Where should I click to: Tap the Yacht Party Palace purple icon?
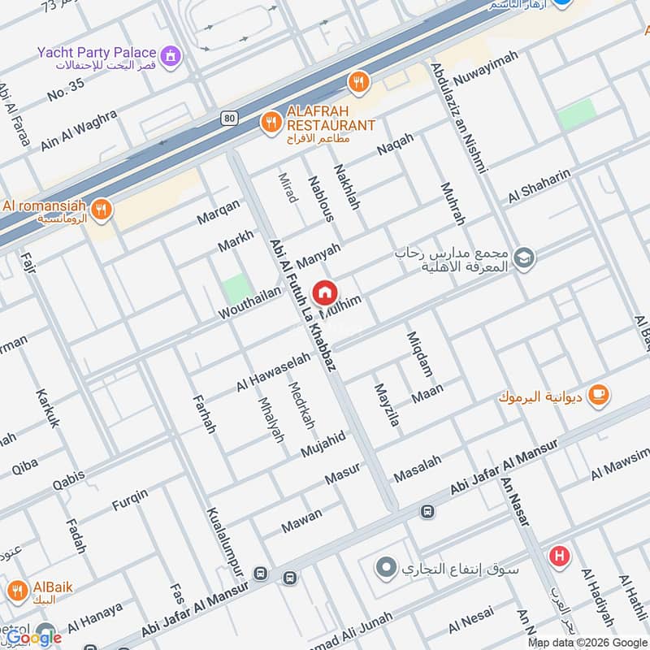click(x=171, y=55)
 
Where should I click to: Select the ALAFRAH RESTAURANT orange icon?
click(x=271, y=123)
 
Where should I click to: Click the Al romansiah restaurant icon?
click(x=101, y=210)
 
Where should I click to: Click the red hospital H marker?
click(x=559, y=557)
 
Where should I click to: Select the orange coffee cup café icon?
click(x=599, y=394)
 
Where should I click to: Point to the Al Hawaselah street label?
click(x=274, y=370)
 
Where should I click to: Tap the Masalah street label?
click(x=418, y=467)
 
